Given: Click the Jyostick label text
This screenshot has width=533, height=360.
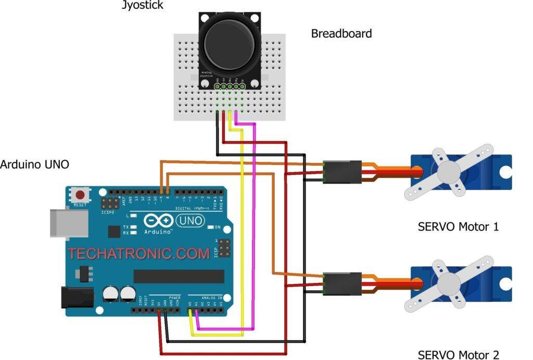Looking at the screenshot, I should point(143,6).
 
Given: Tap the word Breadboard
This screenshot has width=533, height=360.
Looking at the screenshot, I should point(341,34).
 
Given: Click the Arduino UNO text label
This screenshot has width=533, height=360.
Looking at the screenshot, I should point(34,165).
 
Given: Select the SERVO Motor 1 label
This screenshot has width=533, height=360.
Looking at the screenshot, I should point(459,227).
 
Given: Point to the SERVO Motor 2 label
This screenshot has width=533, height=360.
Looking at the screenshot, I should point(459,355).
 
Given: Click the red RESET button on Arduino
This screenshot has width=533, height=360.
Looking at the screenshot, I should point(80,196).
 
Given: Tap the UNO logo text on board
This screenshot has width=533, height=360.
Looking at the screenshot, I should point(191,221).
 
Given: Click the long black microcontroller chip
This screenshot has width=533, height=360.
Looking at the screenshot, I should point(179,276).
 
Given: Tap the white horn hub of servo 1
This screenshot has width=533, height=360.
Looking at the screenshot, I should point(449,172).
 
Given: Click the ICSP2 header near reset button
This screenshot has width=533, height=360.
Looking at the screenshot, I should point(110,202).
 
